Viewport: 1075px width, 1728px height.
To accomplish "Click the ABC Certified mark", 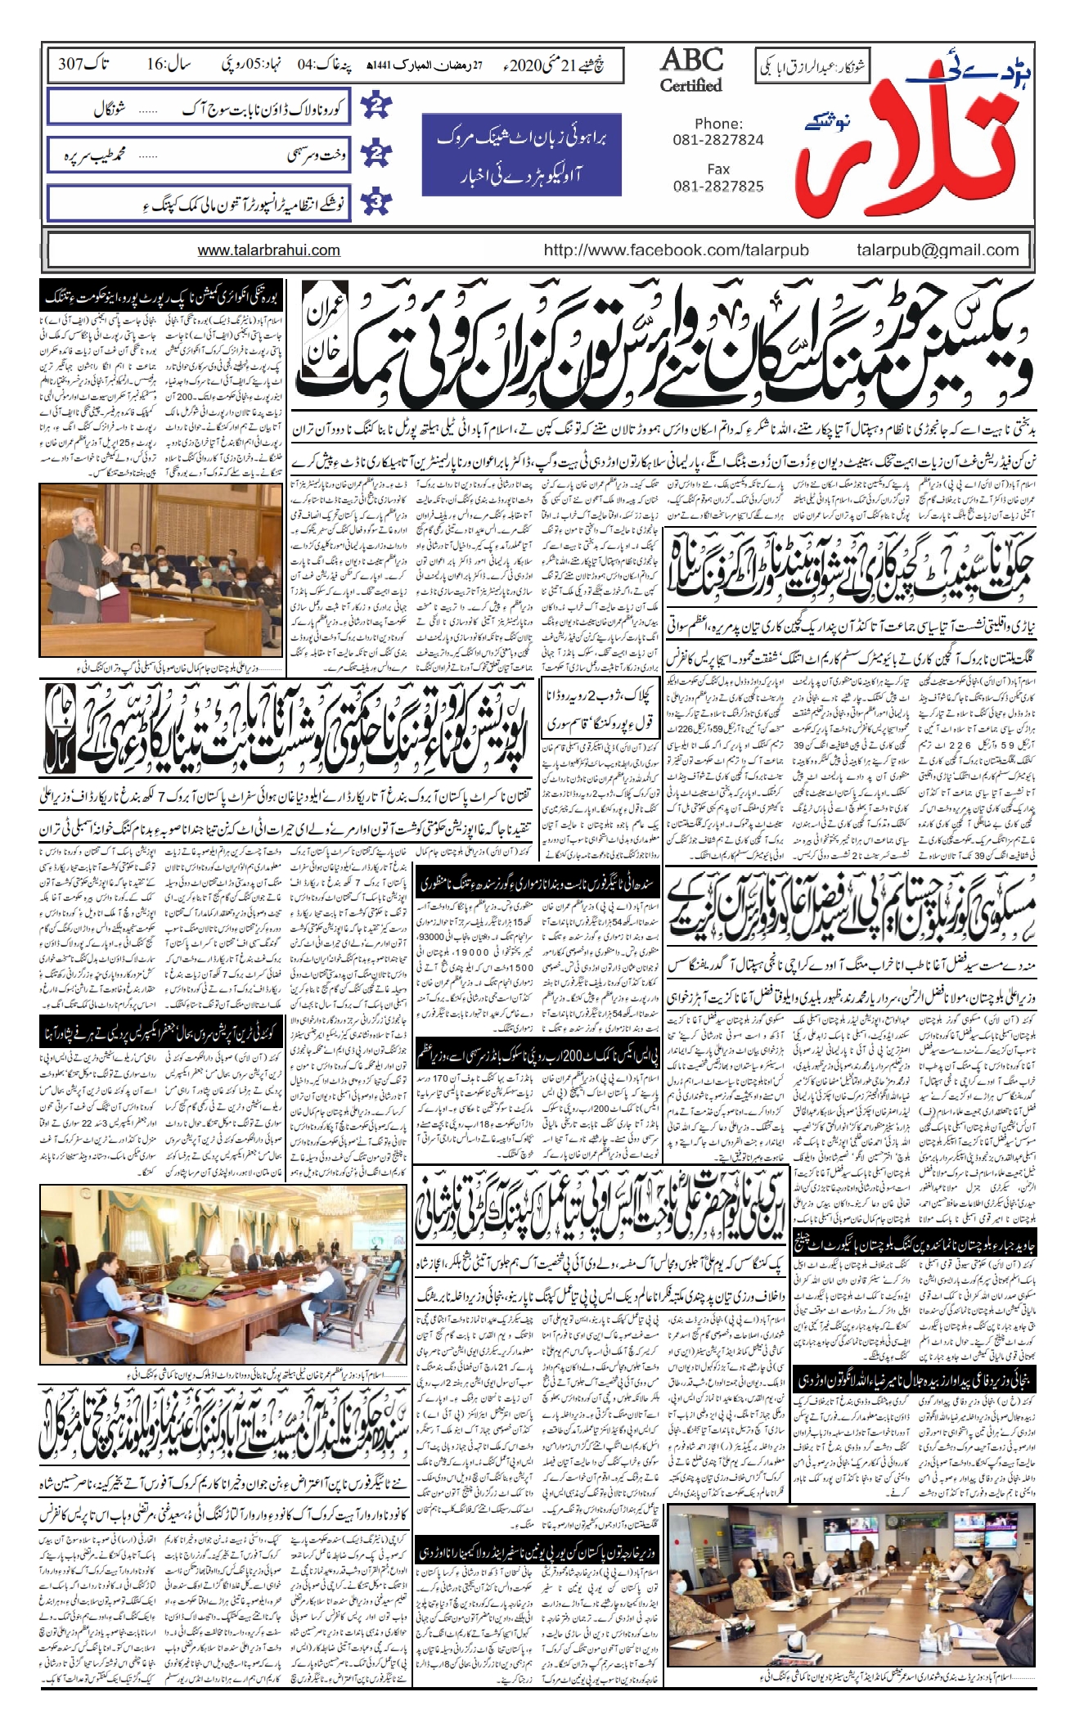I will [691, 70].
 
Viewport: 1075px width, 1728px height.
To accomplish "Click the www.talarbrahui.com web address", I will [268, 251].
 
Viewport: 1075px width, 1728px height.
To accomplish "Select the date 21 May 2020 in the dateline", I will [564, 63].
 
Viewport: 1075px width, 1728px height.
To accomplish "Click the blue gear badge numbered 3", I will [377, 202].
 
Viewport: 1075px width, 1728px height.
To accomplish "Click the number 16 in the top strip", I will [156, 64].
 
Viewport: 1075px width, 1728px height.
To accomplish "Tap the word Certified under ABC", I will [691, 85].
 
